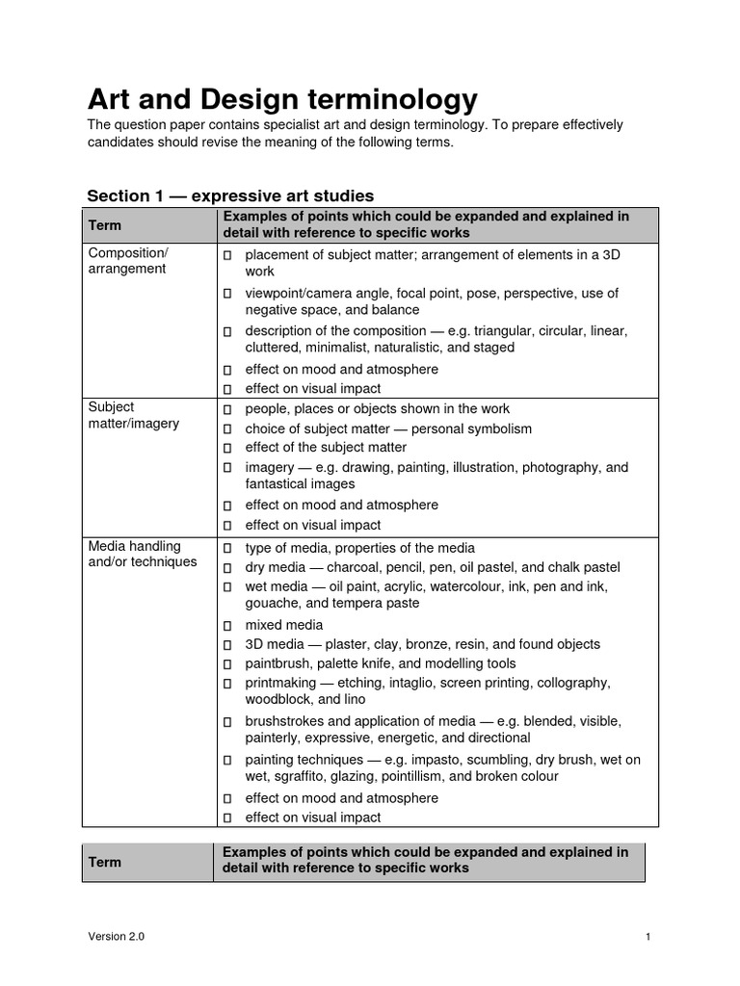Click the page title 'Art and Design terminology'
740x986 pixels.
(281, 98)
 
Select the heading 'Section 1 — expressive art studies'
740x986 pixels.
(230, 195)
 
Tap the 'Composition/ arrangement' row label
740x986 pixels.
(128, 261)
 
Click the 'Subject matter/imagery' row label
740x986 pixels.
(134, 416)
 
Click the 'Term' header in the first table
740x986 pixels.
(105, 224)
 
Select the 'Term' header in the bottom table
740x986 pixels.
(105, 862)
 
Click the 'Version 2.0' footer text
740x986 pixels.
(117, 937)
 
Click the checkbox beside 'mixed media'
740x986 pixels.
(227, 626)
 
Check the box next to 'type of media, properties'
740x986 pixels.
(227, 549)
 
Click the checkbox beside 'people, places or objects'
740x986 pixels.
(227, 410)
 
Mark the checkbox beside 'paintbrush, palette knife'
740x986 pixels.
(227, 664)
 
